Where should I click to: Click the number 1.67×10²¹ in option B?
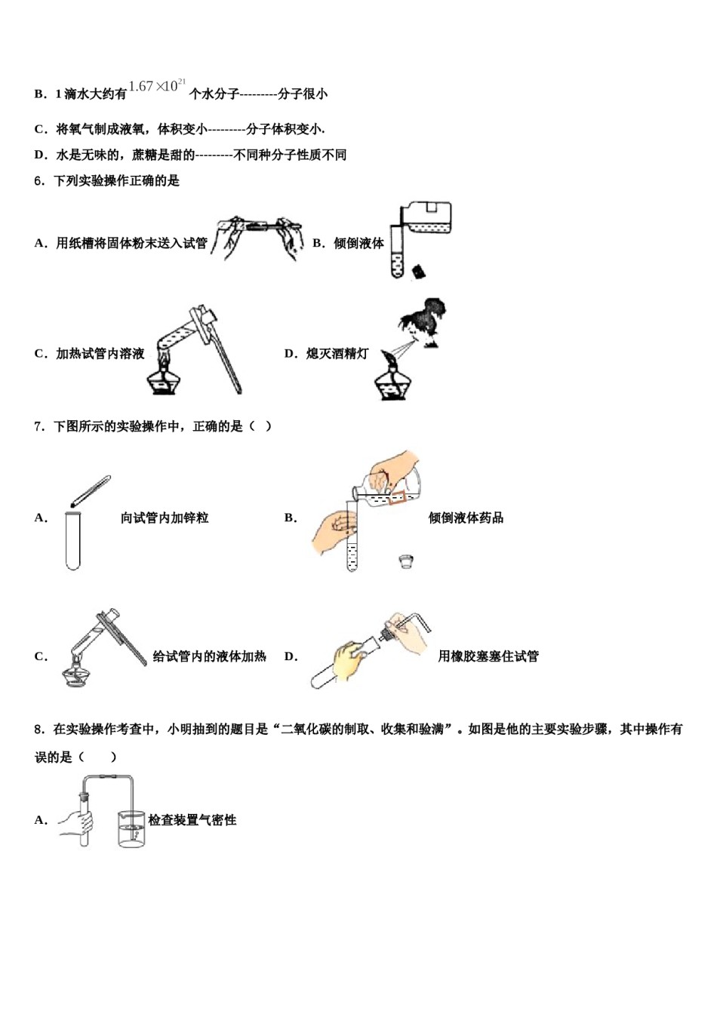157,86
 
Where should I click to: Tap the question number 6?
39,181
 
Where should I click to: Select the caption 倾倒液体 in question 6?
358,243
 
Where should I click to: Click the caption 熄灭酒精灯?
337,353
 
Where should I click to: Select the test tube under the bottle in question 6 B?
397,257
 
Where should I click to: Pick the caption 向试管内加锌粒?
165,518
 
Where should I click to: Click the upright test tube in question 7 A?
72,539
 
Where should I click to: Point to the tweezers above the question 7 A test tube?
91,490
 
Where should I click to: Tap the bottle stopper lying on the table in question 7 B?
405,561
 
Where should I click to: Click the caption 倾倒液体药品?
466,518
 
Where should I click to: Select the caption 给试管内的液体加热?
209,656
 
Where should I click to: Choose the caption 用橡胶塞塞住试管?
488,656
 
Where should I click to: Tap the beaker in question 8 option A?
131,828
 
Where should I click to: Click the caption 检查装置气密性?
192,820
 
